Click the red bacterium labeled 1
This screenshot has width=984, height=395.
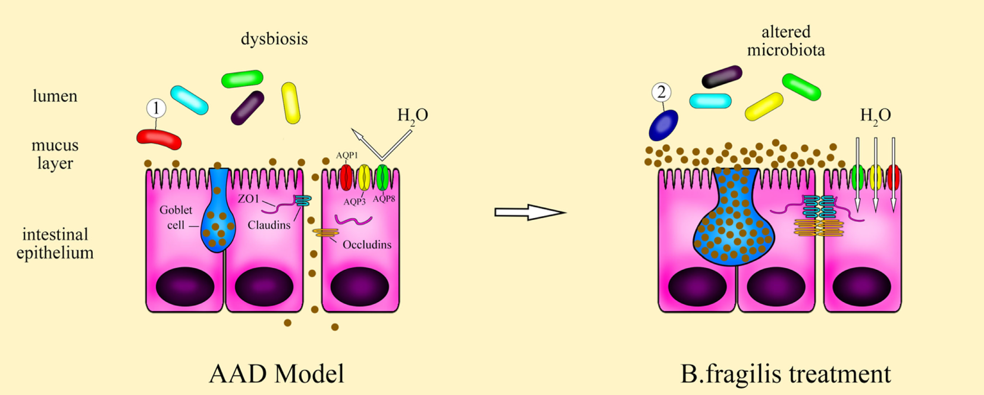(159, 139)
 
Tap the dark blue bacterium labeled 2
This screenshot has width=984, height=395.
(663, 126)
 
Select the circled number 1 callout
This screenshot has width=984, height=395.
(156, 108)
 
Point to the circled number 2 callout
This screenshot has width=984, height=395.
(661, 92)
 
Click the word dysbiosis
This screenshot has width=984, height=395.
(274, 39)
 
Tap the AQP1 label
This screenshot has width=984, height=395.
(346, 155)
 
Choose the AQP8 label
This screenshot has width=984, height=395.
(384, 199)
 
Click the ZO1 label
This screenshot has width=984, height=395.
(248, 198)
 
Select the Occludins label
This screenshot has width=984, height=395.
(366, 245)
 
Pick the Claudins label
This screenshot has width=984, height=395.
(269, 225)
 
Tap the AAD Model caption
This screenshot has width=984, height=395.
(276, 374)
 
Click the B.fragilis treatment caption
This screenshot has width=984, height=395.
(785, 374)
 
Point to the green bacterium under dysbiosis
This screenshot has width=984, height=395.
(242, 79)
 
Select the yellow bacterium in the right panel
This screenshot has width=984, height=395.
(764, 107)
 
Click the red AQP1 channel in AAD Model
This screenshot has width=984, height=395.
(346, 178)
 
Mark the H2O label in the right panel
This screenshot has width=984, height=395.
(875, 115)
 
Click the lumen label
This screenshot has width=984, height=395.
(55, 96)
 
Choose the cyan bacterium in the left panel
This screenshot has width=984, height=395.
(189, 100)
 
